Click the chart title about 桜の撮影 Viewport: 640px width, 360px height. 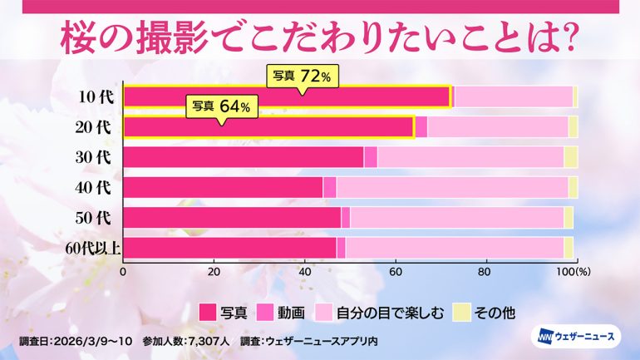tap(320, 40)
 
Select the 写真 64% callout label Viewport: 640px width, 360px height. tap(221, 106)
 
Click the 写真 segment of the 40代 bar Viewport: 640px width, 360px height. tap(223, 187)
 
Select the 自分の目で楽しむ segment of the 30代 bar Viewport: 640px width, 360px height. tap(470, 157)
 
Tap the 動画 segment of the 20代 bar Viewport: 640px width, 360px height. tap(421, 127)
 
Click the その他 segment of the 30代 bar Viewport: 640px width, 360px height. tap(571, 157)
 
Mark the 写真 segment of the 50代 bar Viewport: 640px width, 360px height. tap(232, 218)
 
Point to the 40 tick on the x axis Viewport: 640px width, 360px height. tap(304, 271)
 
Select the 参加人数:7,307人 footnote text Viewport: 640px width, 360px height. tap(189, 340)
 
